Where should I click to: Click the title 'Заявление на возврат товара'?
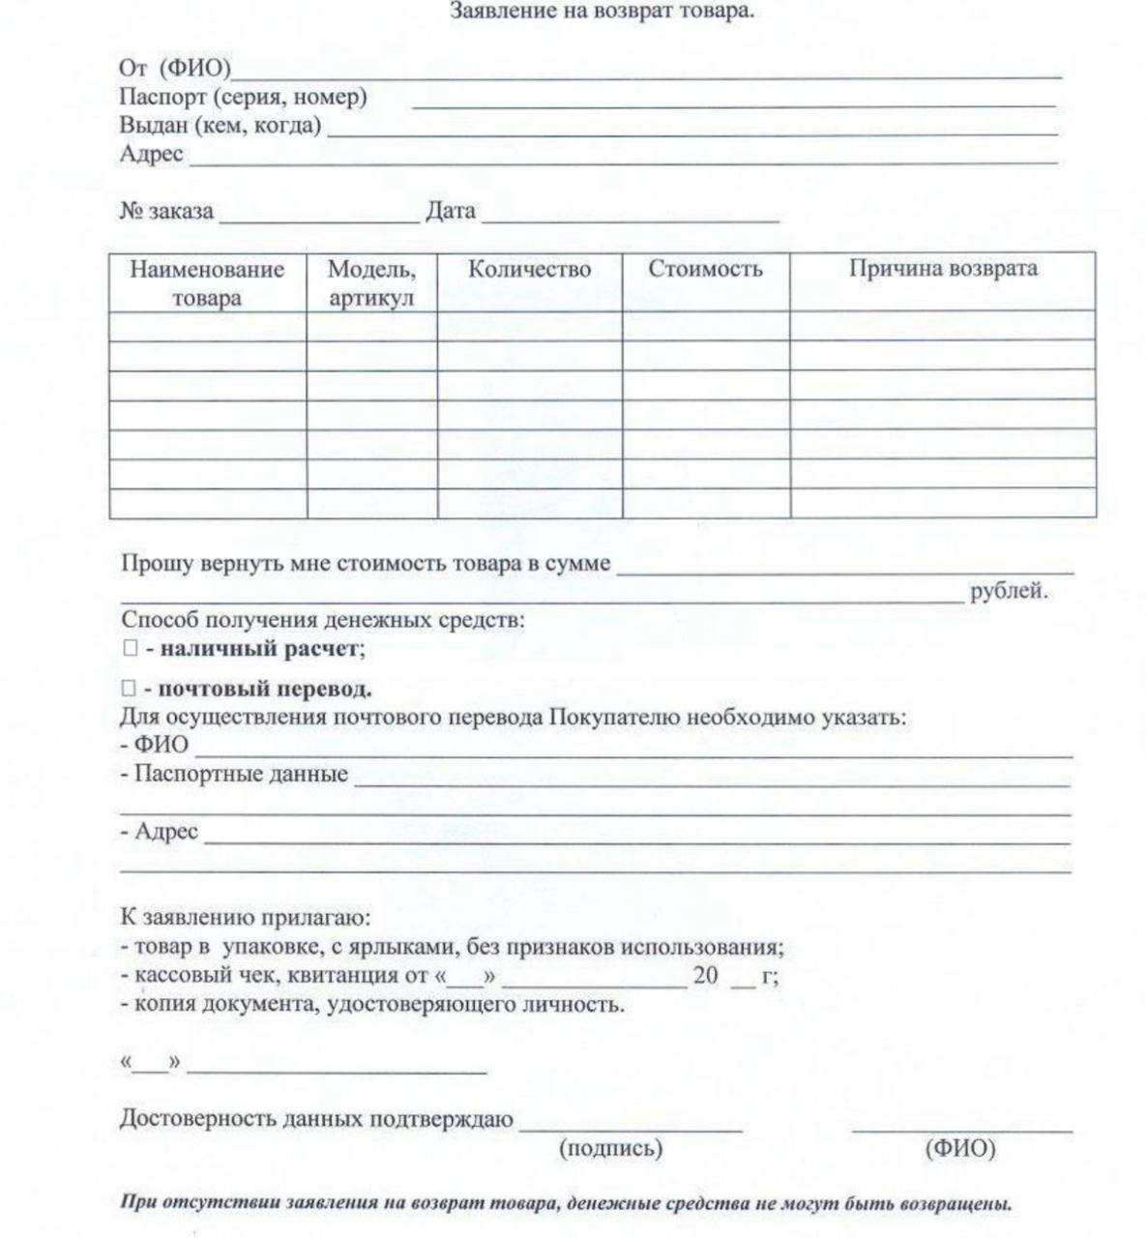603,13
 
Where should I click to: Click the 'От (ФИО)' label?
175,69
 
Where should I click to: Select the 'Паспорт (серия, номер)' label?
243,97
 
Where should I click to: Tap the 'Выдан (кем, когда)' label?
220,125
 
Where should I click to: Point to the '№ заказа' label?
166,211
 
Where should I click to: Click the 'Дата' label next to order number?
451,211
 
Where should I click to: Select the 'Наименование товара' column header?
207,282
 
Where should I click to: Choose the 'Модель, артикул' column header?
371,282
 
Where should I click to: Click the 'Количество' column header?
529,269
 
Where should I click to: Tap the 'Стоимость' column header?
705,269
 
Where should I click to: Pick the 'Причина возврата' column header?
943,269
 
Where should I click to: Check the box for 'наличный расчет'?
129,649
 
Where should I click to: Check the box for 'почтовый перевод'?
129,689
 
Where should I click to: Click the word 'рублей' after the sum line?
1009,591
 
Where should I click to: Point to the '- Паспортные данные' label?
234,774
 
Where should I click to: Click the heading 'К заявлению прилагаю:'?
245,917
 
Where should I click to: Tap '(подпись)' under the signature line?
610,1148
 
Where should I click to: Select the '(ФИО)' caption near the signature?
959,1148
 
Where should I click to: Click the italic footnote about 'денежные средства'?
566,1204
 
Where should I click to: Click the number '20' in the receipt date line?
705,976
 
